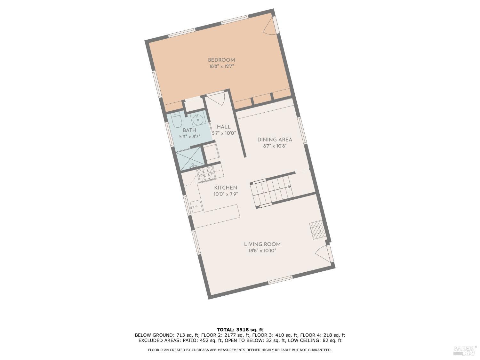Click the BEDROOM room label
pyautogui.click(x=221, y=60)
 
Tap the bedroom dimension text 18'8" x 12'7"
pyautogui.click(x=221, y=67)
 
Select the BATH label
pyautogui.click(x=189, y=130)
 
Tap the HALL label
pyautogui.click(x=224, y=127)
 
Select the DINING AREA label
pyautogui.click(x=275, y=140)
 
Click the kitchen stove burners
pyautogui.click(x=206, y=174)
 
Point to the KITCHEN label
pyautogui.click(x=226, y=188)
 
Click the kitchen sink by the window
pyautogui.click(x=196, y=206)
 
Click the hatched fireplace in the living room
pyautogui.click(x=317, y=230)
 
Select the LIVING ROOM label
pyautogui.click(x=262, y=244)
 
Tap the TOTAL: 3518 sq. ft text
pyautogui.click(x=240, y=330)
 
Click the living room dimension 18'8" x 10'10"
pyautogui.click(x=262, y=251)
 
